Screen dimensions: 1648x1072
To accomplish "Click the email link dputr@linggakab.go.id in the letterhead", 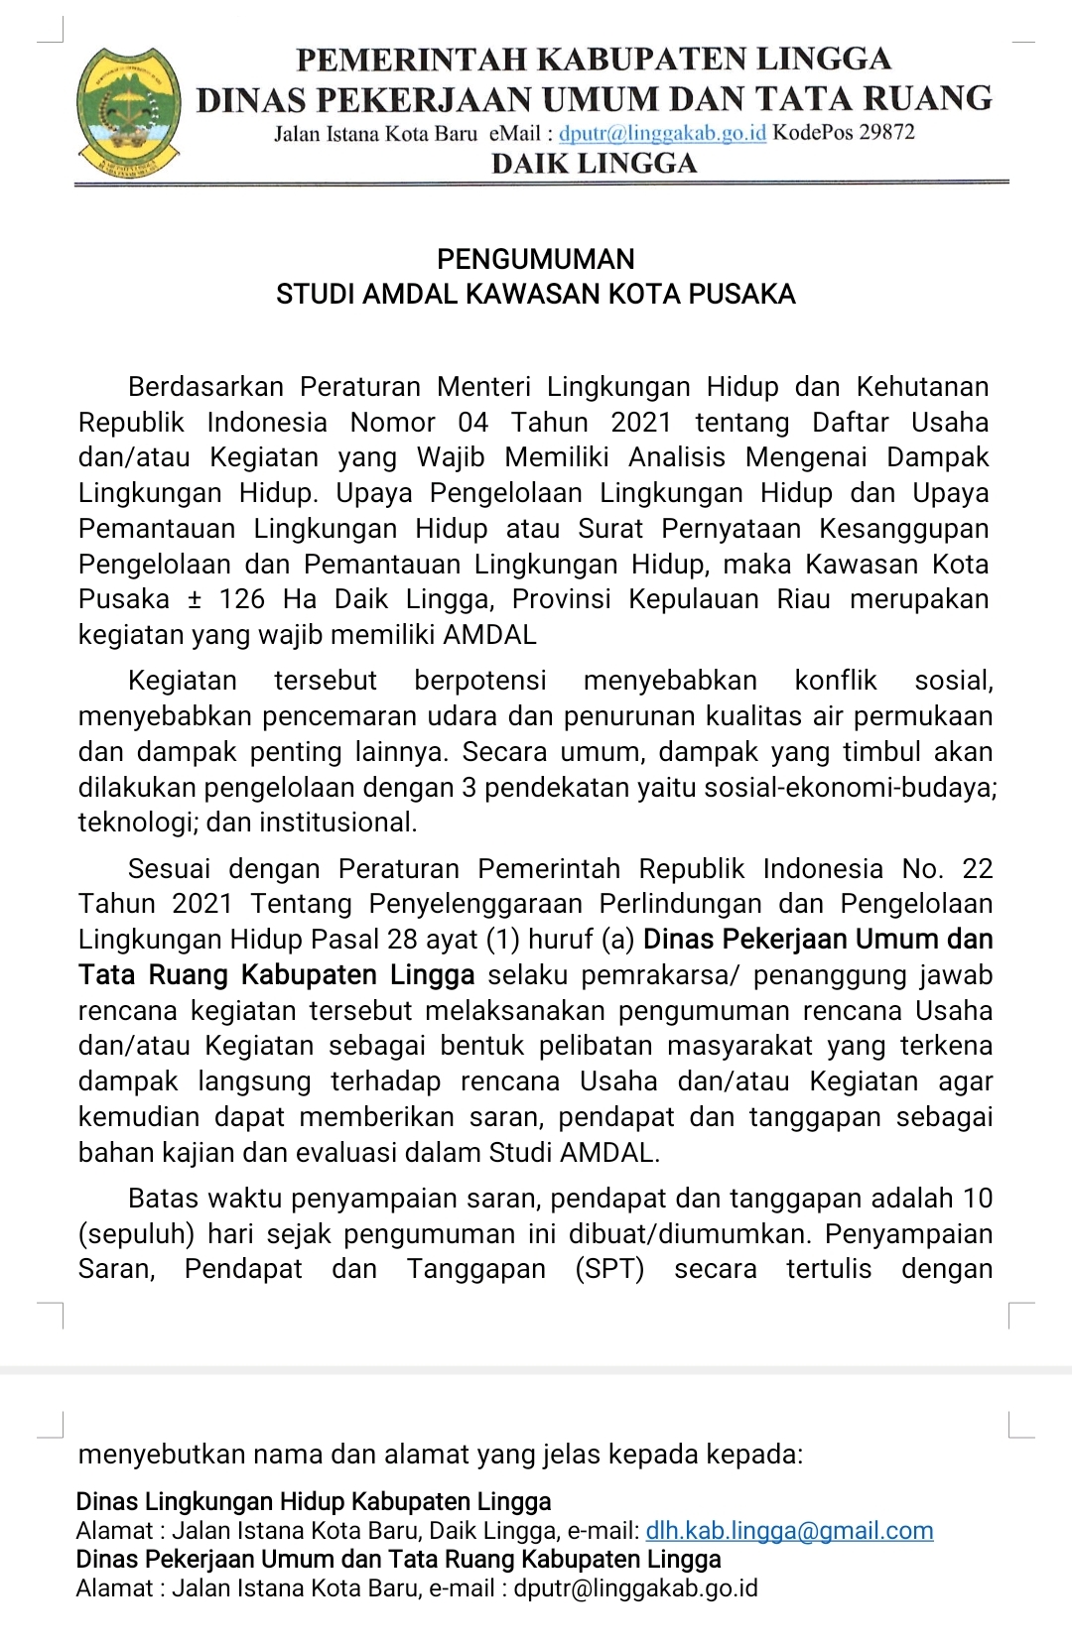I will [x=662, y=133].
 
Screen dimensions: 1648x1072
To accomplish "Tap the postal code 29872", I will [x=886, y=133].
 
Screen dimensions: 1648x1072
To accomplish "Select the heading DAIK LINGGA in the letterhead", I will [x=595, y=163].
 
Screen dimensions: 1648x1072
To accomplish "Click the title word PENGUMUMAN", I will [x=536, y=259].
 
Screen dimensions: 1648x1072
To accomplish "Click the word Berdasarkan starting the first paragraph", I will [x=205, y=387].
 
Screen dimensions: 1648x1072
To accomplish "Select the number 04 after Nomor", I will [x=473, y=423].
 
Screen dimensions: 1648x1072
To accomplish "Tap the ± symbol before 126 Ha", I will [x=195, y=599].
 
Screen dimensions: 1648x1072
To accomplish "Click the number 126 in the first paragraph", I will [x=242, y=599].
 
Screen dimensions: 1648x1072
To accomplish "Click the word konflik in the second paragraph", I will [x=836, y=681].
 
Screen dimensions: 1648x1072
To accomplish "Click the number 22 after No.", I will [x=977, y=869].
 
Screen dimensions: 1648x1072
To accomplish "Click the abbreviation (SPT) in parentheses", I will [x=609, y=1269].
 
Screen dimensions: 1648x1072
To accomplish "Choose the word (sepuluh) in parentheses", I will [x=139, y=1234].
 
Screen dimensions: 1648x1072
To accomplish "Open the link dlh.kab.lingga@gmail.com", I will [x=789, y=1531].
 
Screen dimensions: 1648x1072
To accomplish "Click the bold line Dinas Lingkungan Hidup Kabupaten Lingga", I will [x=314, y=1502].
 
